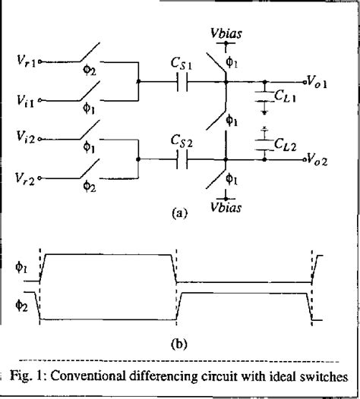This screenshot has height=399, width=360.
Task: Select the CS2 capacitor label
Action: pyautogui.click(x=185, y=142)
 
